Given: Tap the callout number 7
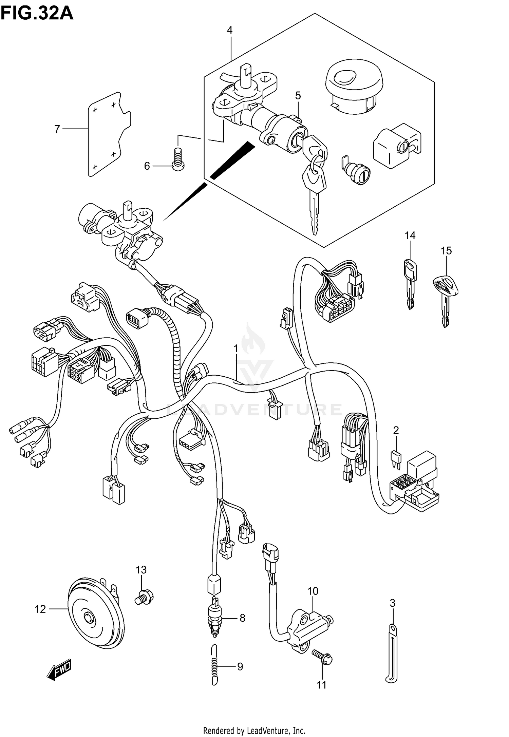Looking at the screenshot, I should click(x=57, y=129).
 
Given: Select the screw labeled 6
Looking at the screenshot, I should click(x=178, y=159).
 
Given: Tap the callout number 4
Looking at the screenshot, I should click(x=230, y=30).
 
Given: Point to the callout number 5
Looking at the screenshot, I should click(x=298, y=96).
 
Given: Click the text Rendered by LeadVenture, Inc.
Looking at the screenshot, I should click(x=254, y=730).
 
